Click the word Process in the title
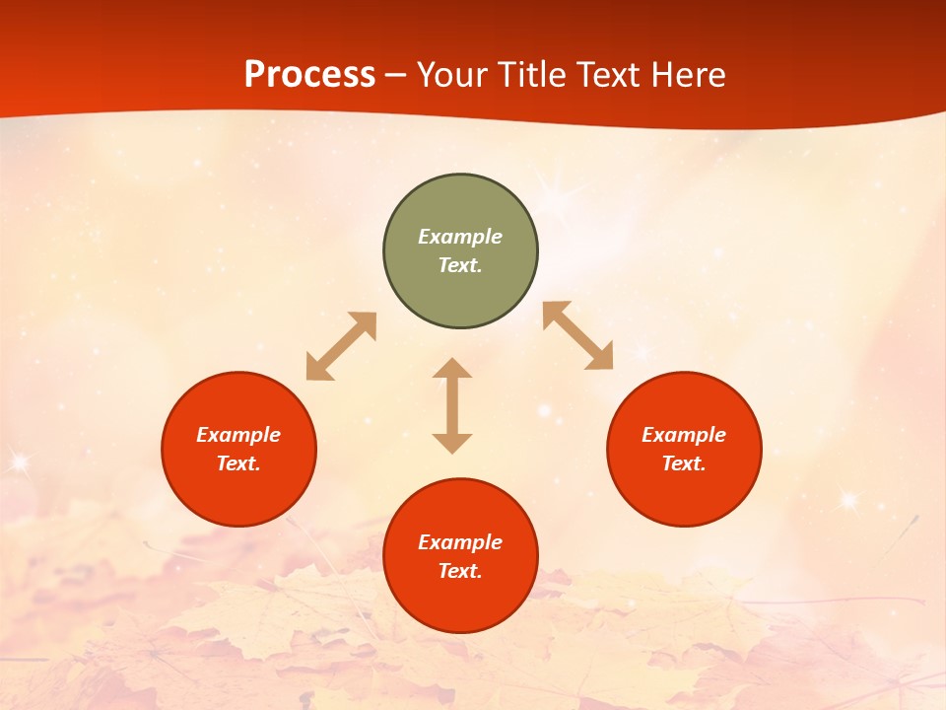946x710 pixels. coord(309,75)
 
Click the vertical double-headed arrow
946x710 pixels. coord(452,405)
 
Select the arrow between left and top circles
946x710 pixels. coord(341,346)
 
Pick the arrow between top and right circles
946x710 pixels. coord(578,335)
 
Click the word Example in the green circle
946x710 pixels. coord(460,237)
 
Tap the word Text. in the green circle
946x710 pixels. coord(460,265)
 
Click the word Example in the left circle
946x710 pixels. coord(238,435)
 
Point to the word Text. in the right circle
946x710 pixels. coord(684,463)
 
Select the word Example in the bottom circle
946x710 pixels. coord(460,542)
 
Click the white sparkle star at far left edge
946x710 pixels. coord(17,460)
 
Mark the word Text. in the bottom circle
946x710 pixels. coord(460,571)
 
